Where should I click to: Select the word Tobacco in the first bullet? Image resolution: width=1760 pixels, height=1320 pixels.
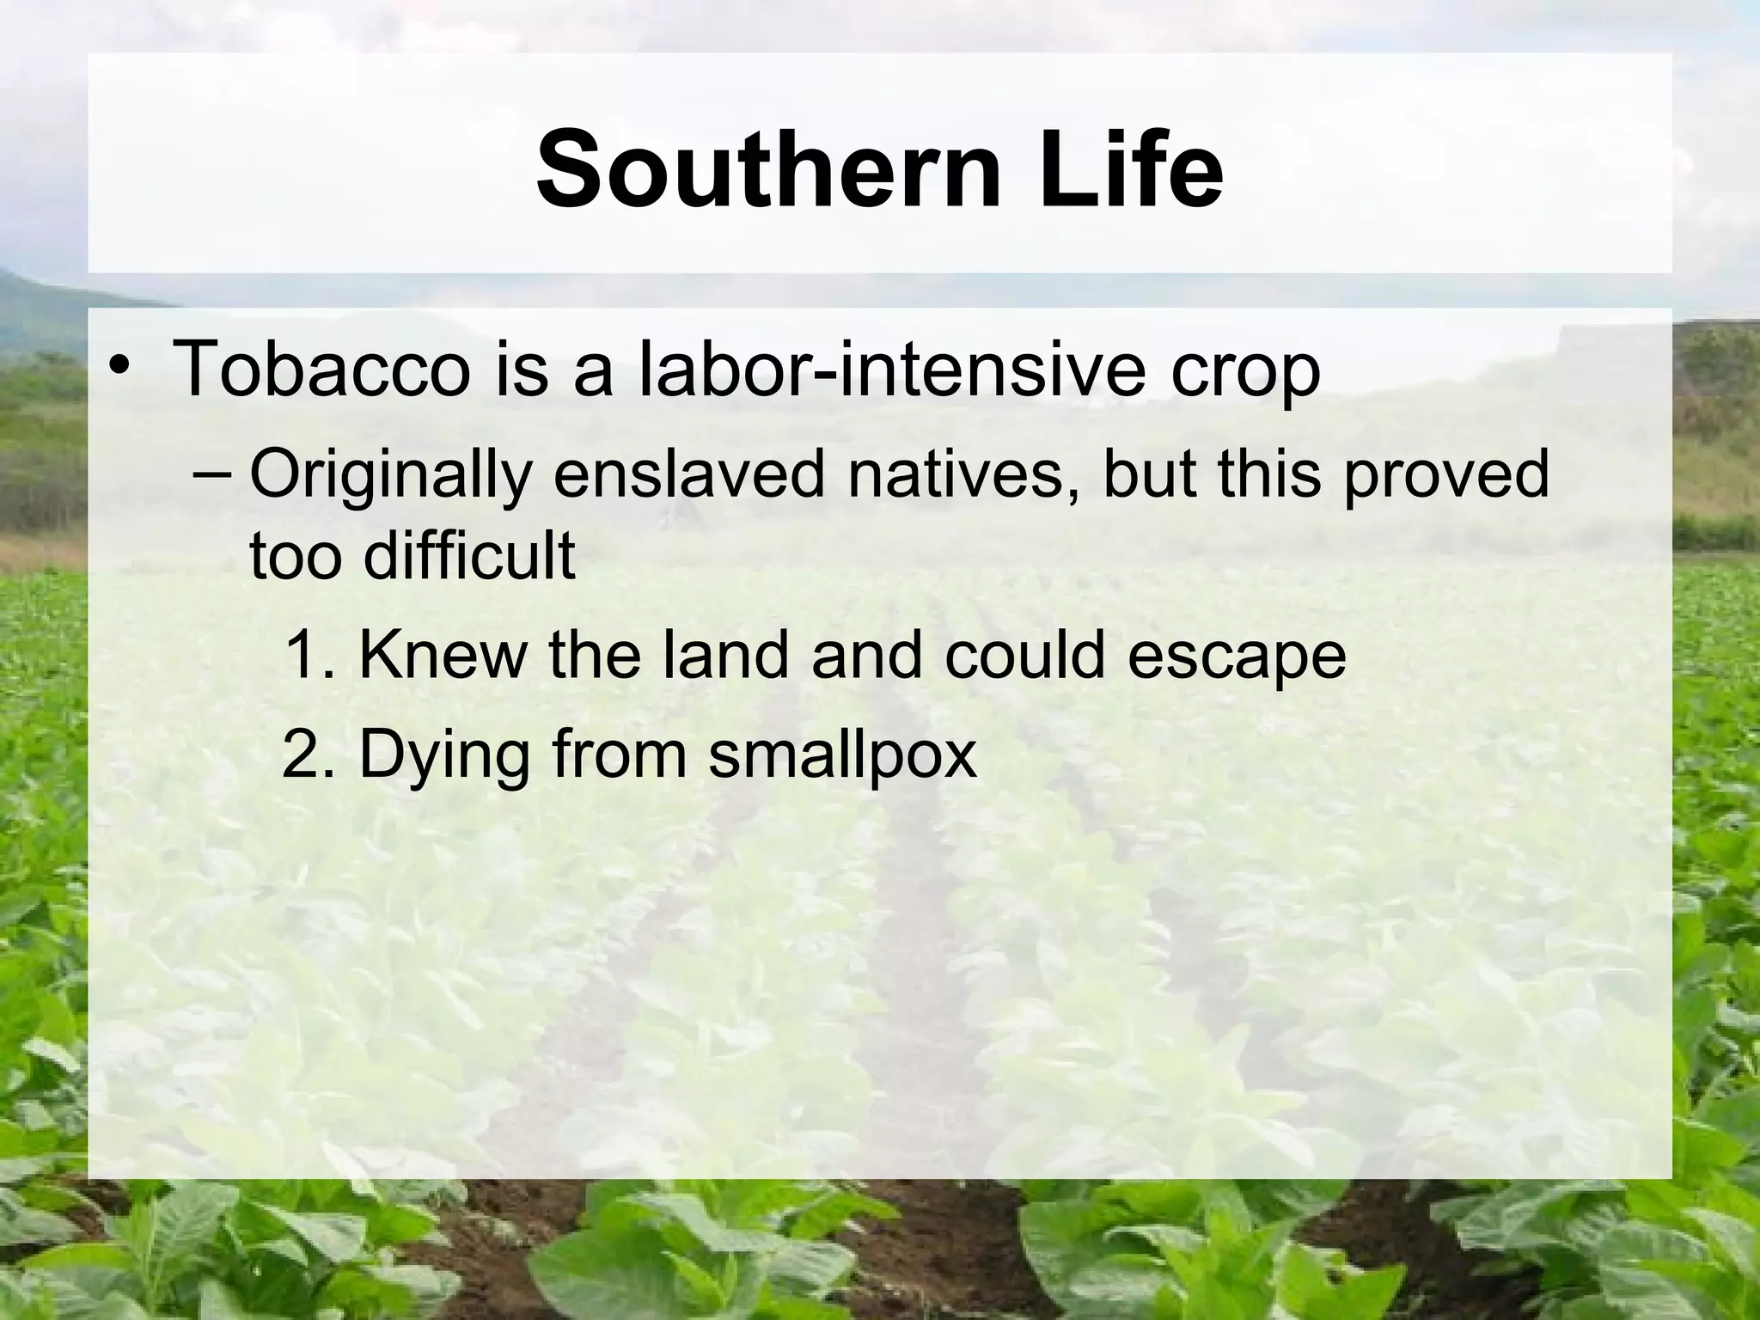tap(322, 370)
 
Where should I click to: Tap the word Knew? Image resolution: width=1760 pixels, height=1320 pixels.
tap(443, 655)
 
